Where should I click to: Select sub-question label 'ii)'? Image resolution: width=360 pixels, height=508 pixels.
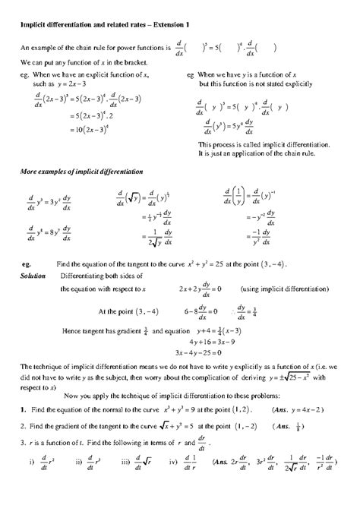(x=79, y=481)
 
